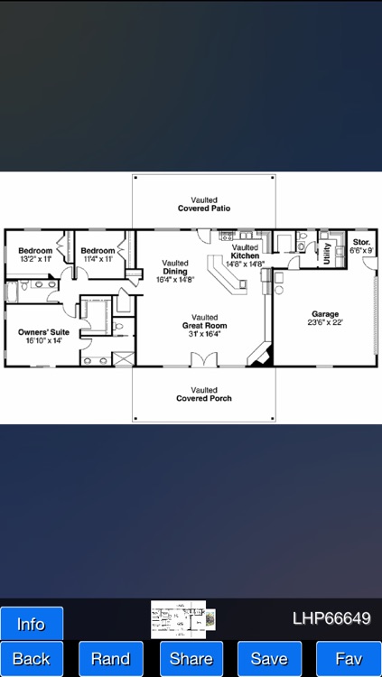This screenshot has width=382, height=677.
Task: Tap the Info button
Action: click(x=32, y=624)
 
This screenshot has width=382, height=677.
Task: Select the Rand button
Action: click(x=110, y=658)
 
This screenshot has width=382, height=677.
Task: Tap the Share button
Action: click(x=191, y=658)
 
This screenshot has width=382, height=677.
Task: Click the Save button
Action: click(x=269, y=658)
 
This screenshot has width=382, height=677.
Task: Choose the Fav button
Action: click(x=349, y=658)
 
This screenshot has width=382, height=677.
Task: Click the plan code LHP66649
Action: click(x=331, y=618)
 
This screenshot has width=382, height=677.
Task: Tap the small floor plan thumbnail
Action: click(x=183, y=619)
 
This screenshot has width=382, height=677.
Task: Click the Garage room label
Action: click(x=325, y=317)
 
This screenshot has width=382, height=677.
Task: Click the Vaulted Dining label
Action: click(x=175, y=272)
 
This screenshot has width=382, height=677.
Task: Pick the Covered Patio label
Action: click(x=203, y=204)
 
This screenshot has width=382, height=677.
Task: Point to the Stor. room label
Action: click(x=361, y=246)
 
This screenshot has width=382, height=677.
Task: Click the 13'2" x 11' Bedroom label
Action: click(x=36, y=254)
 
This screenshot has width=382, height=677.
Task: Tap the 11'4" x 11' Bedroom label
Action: click(x=97, y=254)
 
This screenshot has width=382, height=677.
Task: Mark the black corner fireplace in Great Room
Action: click(x=259, y=354)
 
